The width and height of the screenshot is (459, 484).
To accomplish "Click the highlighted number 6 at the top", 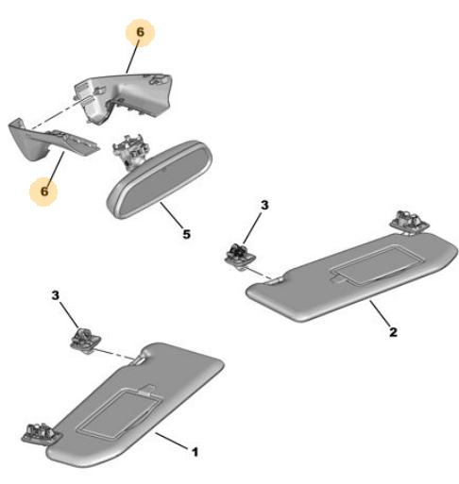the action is (x=140, y=32).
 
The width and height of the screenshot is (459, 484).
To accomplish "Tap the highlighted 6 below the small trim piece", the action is (x=44, y=191).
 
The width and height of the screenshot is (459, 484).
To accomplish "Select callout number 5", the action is (x=187, y=234).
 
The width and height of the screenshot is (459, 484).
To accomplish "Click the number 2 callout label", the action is (x=393, y=332).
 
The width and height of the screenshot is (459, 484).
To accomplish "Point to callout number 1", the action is (x=195, y=452).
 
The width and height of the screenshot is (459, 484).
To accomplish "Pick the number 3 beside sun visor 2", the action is (x=264, y=205).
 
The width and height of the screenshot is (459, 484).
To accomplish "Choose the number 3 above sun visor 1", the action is (x=56, y=295).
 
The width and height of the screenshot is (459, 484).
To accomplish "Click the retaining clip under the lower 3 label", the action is (x=85, y=340).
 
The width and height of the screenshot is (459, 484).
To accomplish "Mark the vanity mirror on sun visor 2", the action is (x=378, y=264).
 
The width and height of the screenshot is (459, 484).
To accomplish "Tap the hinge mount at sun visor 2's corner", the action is (x=410, y=222).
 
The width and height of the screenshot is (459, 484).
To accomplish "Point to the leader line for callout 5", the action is (x=172, y=215).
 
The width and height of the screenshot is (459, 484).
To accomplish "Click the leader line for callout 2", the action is (x=381, y=313).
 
